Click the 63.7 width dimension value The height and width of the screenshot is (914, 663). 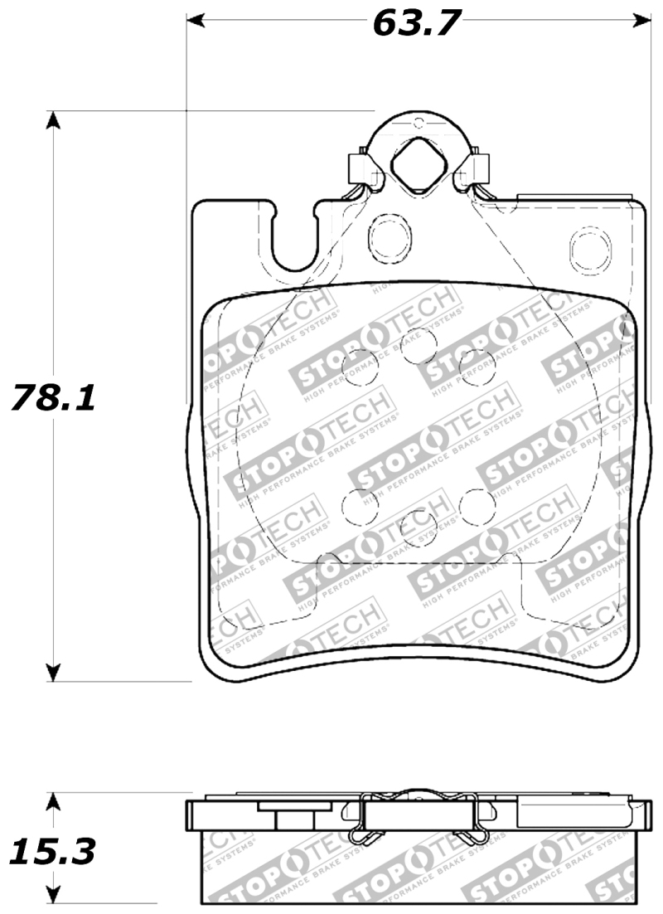point(416,22)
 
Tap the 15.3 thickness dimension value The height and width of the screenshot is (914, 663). point(53,850)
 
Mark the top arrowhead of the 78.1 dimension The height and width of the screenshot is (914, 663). point(53,120)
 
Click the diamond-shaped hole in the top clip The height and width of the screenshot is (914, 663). point(419,161)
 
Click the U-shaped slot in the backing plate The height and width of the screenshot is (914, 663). point(292,241)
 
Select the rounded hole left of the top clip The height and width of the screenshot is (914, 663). point(385,236)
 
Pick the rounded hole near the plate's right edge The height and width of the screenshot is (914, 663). point(590,247)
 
